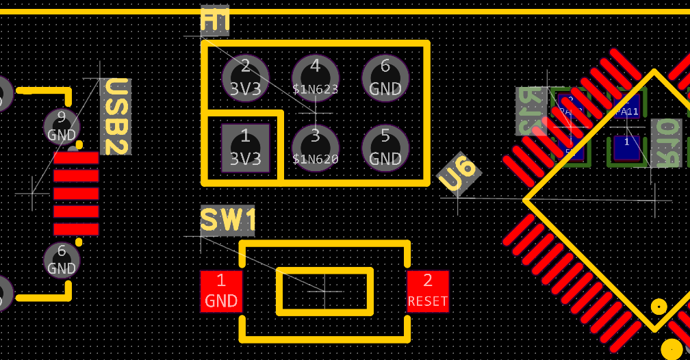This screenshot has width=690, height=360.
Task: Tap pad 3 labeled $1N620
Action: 316,147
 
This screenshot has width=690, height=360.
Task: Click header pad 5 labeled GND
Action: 385,147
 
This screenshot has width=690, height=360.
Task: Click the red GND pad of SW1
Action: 221,291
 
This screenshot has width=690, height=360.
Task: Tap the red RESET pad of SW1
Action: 428,291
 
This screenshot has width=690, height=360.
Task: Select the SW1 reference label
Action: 228,221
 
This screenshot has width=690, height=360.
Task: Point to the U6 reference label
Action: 458,172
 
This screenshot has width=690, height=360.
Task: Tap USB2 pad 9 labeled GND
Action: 62,127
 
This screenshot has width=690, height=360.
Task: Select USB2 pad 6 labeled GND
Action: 62,260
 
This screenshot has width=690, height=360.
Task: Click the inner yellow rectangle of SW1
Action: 324,291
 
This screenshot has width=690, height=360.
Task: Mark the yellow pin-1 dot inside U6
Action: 659,306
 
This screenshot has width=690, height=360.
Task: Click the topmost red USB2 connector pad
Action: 76,159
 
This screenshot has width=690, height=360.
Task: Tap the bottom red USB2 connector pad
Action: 76,229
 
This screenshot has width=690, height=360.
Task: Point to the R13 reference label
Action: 531,111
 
